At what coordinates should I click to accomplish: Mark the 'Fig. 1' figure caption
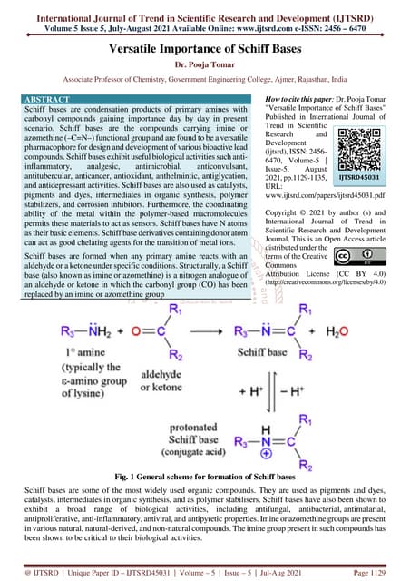click(x=205, y=476)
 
